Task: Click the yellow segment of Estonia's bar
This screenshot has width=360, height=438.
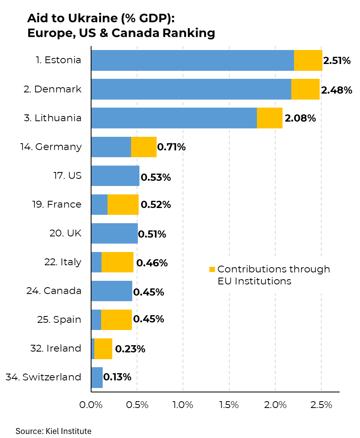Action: (x=308, y=60)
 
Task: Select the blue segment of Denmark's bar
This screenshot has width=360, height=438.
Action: (x=191, y=89)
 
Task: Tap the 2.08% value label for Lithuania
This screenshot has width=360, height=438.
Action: (x=300, y=118)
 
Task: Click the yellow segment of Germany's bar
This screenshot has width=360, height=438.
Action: (x=143, y=147)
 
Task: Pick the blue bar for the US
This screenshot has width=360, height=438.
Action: (x=115, y=176)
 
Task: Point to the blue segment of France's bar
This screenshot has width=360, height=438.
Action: (x=99, y=204)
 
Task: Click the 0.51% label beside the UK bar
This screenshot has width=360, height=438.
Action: (x=152, y=234)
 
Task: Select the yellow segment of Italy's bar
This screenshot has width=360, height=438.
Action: (x=117, y=262)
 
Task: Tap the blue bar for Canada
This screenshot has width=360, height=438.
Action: (x=111, y=291)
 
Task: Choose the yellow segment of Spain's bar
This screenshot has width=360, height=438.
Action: (x=116, y=320)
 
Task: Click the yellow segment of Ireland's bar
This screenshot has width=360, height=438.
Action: (x=103, y=348)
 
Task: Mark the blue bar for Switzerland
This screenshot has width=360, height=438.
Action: (x=97, y=377)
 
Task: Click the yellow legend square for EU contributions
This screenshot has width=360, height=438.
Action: (x=212, y=269)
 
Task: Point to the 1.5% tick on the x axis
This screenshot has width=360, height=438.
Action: (x=229, y=404)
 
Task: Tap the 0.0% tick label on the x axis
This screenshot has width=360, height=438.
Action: (x=91, y=404)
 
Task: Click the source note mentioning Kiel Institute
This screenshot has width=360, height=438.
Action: (x=54, y=431)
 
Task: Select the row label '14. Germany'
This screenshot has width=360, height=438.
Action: (x=51, y=147)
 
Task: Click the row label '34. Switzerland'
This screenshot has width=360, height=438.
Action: (x=44, y=377)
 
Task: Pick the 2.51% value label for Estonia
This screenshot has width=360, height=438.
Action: (x=337, y=61)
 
